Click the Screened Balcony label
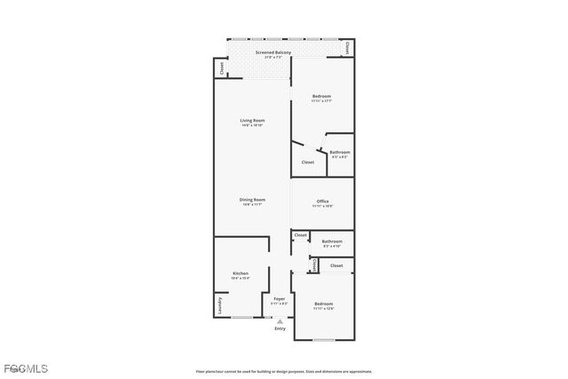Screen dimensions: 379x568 click(273, 52)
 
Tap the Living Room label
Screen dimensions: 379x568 click(252, 120)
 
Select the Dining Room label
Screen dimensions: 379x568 click(252, 199)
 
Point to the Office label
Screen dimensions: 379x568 click(323, 201)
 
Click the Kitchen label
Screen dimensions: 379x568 click(241, 272)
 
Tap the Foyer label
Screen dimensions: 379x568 click(280, 298)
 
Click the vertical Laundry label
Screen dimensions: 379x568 click(218, 306)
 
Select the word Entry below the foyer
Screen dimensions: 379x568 click(280, 328)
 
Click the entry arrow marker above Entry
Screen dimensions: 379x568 click(280, 320)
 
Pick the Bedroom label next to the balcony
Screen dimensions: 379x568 click(321, 96)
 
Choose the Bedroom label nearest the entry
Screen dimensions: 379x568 click(323, 304)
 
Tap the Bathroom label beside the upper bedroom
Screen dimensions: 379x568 click(340, 152)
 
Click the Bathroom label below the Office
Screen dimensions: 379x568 click(332, 241)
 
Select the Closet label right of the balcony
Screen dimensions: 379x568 click(348, 47)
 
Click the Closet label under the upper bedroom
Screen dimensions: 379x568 click(308, 162)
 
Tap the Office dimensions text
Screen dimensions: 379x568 click(323, 207)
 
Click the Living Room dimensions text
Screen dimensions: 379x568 click(252, 125)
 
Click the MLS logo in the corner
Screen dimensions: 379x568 click(25, 367)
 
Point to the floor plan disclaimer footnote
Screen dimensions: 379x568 click(284, 372)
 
